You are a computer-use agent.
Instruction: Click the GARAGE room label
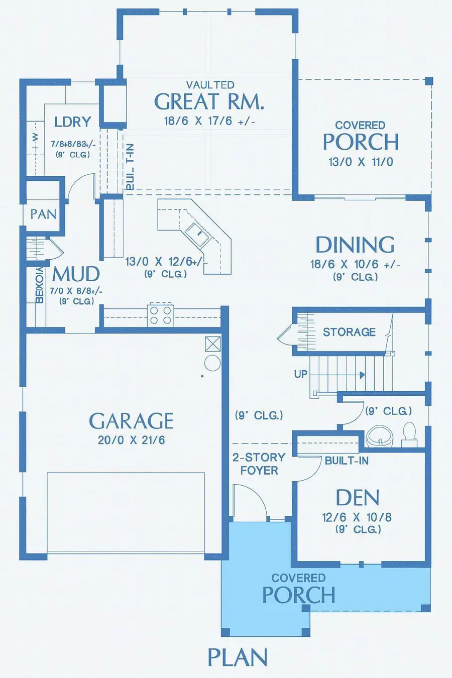point(131,421)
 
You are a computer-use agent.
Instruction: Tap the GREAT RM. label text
point(209,102)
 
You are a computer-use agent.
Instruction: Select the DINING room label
point(355,245)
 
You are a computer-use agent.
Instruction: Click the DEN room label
point(357,498)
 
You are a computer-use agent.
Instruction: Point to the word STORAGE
point(349,332)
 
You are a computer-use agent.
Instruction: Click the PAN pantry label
point(43,214)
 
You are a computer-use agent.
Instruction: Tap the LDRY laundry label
point(73,122)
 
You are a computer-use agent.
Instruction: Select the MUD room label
point(76,274)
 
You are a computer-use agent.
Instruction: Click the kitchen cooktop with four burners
point(161,315)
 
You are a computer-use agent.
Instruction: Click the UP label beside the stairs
point(300,374)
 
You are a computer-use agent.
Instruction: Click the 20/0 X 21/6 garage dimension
point(131,440)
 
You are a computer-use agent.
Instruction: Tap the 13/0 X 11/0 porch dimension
point(361,162)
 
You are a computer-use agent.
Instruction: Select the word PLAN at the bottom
point(238,657)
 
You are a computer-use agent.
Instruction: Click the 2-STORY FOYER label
point(259,464)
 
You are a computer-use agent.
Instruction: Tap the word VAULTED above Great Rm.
point(210,85)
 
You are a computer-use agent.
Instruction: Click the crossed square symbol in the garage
point(212,344)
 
